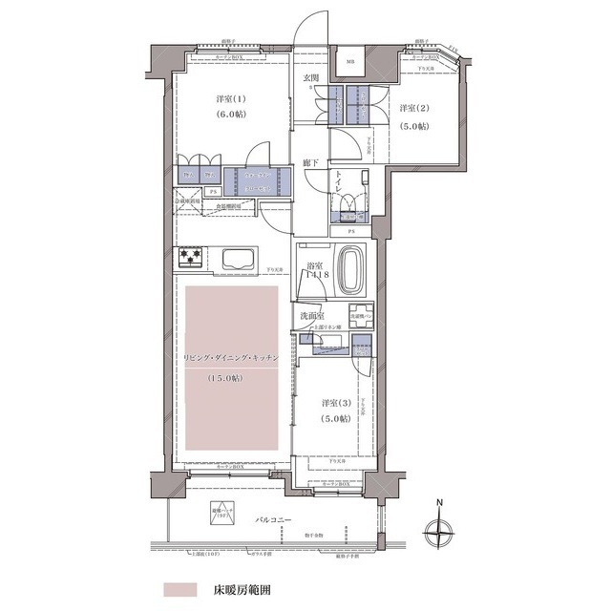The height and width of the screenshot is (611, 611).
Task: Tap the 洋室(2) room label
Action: (413, 108)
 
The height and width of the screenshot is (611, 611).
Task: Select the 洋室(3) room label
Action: (336, 402)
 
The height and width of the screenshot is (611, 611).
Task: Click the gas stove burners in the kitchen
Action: (191, 258)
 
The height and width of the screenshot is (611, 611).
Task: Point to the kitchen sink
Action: (237, 259)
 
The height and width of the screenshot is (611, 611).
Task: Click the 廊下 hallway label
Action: (310, 163)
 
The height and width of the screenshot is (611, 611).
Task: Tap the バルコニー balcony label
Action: (275, 521)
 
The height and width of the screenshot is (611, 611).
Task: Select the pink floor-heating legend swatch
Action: (179, 589)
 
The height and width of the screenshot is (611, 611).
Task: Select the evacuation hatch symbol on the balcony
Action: (221, 520)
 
